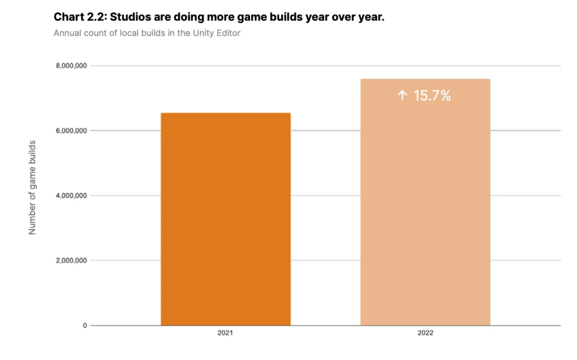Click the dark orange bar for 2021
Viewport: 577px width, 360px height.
coord(225,219)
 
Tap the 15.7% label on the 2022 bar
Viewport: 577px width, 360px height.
coord(432,96)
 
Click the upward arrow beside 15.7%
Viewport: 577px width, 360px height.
coord(402,96)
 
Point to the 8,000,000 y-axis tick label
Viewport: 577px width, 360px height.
coord(71,66)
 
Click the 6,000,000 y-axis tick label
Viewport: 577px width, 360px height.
coord(71,131)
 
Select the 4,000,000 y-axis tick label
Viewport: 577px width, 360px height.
coord(71,195)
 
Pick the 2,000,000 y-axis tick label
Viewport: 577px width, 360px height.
coord(71,260)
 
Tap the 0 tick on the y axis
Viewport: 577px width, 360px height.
coord(85,326)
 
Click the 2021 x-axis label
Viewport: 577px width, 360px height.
coord(225,334)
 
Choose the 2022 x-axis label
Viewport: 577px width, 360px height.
coord(425,334)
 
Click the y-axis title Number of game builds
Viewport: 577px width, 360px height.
coord(32,188)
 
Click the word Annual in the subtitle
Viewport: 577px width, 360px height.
coord(68,33)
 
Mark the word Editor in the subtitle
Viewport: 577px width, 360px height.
coord(228,33)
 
